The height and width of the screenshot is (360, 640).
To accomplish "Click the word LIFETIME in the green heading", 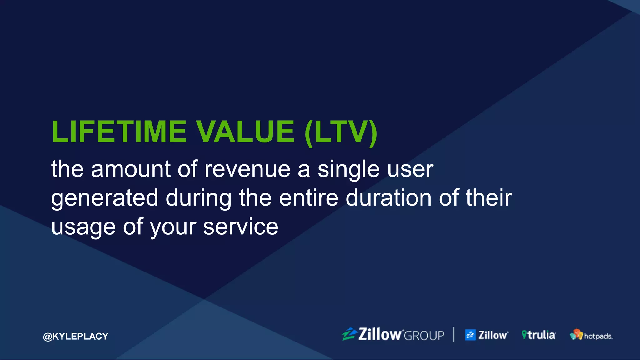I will [119, 132].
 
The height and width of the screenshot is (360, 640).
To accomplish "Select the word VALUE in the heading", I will [245, 132].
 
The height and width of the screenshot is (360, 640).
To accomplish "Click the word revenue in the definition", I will [247, 169].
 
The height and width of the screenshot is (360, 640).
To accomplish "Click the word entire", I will [308, 198].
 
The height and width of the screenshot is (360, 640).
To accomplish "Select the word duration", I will [388, 198].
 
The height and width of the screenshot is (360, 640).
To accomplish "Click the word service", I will [241, 227].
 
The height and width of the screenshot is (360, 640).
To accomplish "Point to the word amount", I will [131, 169].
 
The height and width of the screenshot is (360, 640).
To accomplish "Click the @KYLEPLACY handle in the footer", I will [76, 336].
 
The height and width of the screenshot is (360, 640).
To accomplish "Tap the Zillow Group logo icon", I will [349, 334].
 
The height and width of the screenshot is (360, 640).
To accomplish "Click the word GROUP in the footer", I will [424, 336].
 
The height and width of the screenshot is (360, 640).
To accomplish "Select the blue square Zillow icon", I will [470, 335].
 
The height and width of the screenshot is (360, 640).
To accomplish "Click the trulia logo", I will [538, 335].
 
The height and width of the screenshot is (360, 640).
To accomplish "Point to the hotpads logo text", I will [598, 336].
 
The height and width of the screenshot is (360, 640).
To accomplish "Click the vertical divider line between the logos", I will [454, 334].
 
